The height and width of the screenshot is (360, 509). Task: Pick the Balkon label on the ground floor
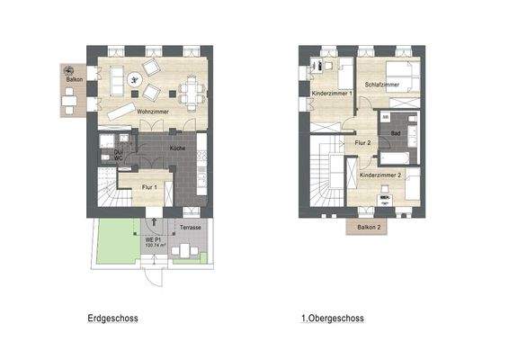coord(75,79)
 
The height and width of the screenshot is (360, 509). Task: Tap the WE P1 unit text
coord(156,242)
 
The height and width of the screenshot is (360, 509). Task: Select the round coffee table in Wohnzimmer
coord(134,79)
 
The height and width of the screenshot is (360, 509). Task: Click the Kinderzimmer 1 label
coord(331,94)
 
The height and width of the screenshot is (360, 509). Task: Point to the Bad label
coord(395,133)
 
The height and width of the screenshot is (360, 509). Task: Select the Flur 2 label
coord(363,143)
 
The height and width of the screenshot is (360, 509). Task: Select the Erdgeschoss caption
coord(113,318)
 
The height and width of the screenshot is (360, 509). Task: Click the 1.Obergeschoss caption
coord(333,318)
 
